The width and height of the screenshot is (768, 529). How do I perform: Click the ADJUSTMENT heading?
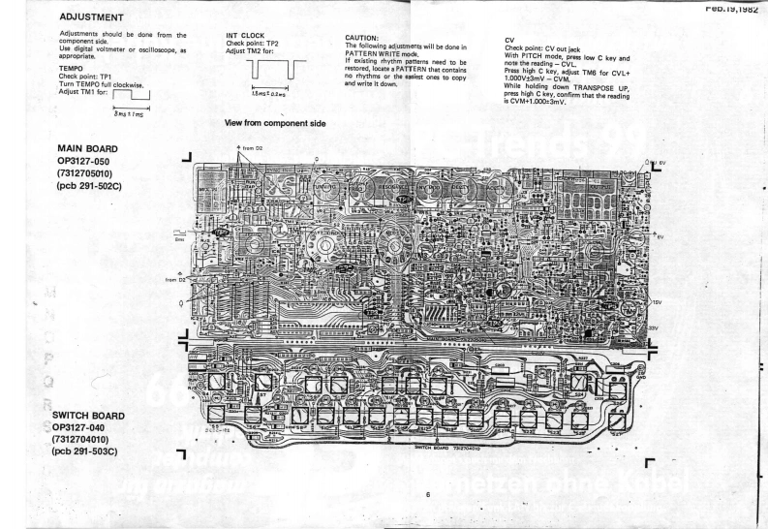point(90,17)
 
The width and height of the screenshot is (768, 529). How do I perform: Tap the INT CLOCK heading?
point(245,35)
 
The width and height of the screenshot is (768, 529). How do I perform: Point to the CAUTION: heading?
point(365,39)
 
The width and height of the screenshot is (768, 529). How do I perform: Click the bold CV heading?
point(510,40)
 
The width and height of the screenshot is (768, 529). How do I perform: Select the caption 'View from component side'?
point(275,123)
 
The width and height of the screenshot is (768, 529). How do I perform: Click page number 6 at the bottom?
point(427,494)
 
